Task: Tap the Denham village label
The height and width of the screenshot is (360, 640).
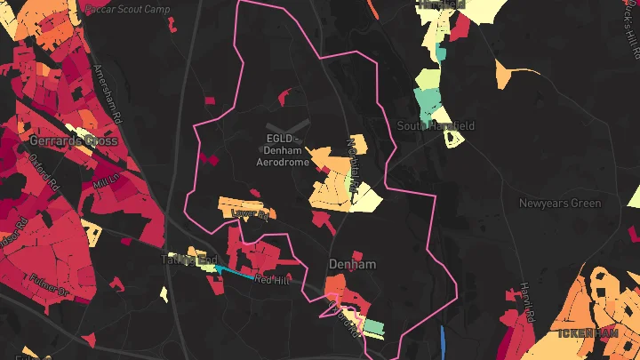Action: [352, 264]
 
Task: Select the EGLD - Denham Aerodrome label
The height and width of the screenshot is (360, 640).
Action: [283, 150]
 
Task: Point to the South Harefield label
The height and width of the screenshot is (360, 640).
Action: [436, 126]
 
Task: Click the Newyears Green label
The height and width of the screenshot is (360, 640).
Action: [560, 204]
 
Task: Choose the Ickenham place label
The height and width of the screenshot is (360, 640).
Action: [588, 333]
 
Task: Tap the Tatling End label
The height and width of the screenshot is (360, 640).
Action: [188, 260]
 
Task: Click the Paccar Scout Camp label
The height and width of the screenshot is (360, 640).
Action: [128, 8]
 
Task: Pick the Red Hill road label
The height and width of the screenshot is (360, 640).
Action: [272, 279]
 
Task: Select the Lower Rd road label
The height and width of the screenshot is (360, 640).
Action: [249, 213]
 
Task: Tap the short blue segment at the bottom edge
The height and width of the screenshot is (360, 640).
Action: [443, 343]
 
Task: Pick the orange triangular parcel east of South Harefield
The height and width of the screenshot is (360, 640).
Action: [512, 76]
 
